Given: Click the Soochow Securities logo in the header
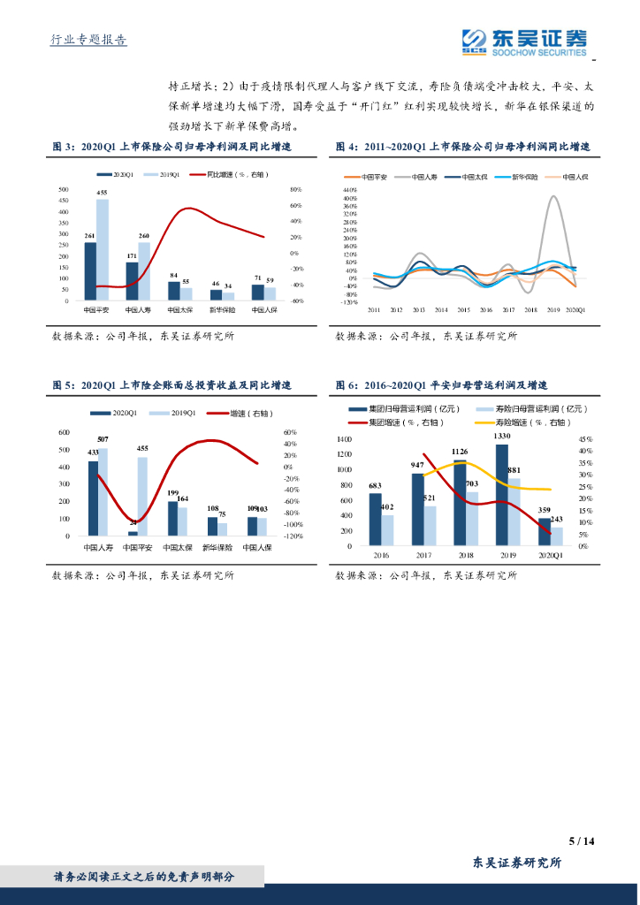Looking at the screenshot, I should pyautogui.click(x=524, y=41).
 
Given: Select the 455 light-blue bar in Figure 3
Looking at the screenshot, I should pyautogui.click(x=103, y=250).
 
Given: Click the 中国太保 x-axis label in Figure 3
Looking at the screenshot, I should pyautogui.click(x=180, y=310).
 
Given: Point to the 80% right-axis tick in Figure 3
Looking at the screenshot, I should pyautogui.click(x=295, y=189).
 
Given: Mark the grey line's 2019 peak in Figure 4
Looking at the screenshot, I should pyautogui.click(x=554, y=196).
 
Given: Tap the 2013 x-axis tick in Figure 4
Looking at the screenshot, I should pyautogui.click(x=418, y=310).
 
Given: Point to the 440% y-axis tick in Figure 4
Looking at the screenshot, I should pyautogui.click(x=350, y=190).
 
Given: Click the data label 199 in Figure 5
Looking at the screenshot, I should pyautogui.click(x=173, y=492).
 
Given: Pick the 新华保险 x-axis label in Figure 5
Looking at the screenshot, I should pyautogui.click(x=218, y=548).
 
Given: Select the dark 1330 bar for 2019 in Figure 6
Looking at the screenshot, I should pyautogui.click(x=502, y=495).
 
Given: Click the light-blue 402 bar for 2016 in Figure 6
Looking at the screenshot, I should pyautogui.click(x=387, y=529).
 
